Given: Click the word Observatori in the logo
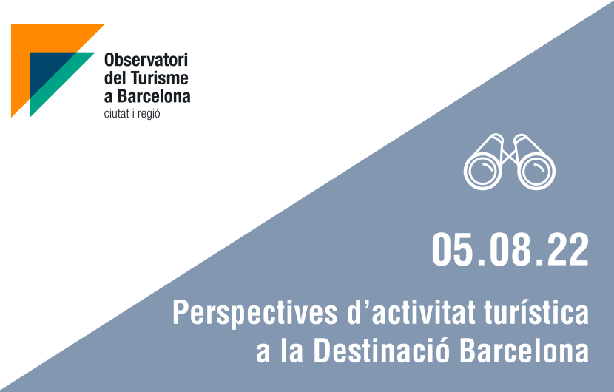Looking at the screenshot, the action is click(146, 60).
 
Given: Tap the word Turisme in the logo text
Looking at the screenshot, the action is click(159, 78).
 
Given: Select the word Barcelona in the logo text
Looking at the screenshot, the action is click(154, 96).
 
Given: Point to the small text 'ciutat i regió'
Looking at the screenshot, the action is click(132, 114).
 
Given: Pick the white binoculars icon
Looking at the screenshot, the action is click(510, 162).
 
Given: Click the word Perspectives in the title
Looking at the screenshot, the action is click(255, 314).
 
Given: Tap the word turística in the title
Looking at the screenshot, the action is click(536, 312).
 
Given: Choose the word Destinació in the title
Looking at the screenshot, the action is click(382, 351).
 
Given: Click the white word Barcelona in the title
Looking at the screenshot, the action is click(524, 351).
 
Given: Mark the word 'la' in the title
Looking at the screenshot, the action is click(291, 351).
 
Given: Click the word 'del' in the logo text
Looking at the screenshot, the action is click(115, 78).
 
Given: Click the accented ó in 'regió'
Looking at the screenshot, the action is click(156, 113).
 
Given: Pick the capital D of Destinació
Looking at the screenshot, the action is click(321, 351).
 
